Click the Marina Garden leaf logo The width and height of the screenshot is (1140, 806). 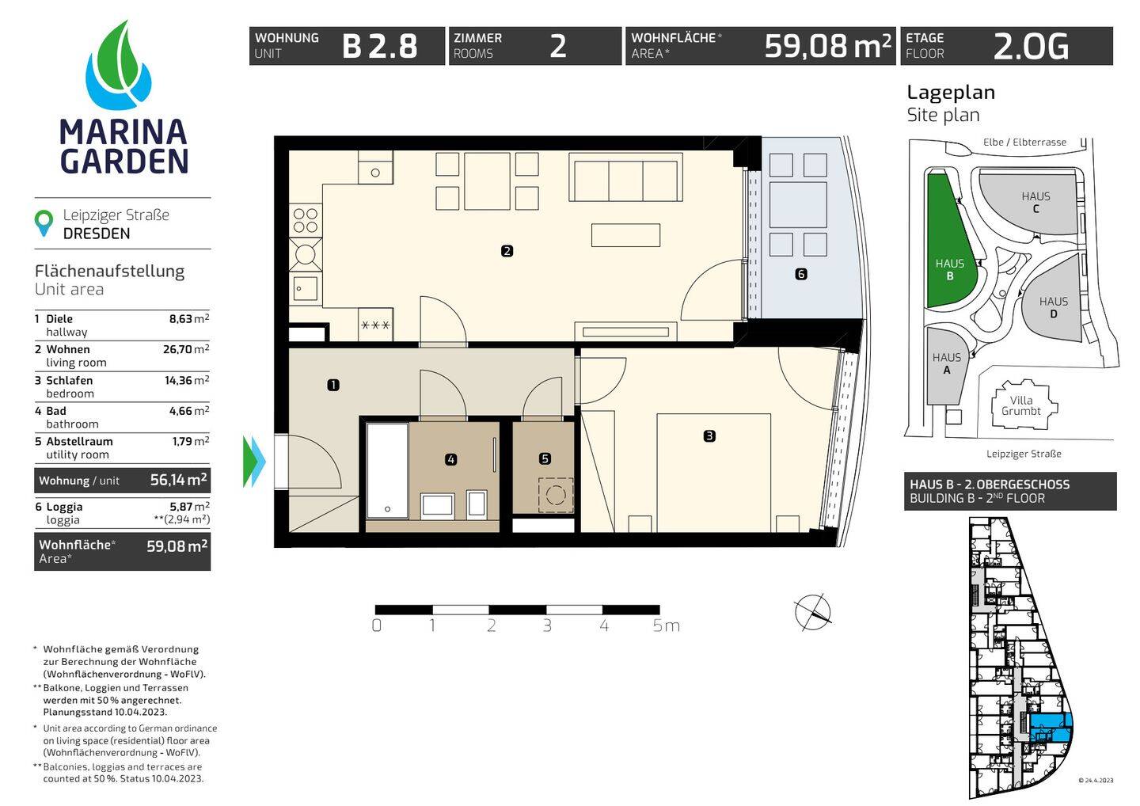(x=118, y=65)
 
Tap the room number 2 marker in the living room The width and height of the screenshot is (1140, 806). (x=507, y=251)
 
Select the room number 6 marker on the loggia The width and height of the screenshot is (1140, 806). (x=801, y=274)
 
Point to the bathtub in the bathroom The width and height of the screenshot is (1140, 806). (x=387, y=470)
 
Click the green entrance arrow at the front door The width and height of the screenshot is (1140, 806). (x=254, y=462)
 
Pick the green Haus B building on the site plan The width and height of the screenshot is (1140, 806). (x=949, y=241)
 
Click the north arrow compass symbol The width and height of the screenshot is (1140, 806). (x=813, y=611)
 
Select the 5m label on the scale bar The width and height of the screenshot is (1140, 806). (x=667, y=625)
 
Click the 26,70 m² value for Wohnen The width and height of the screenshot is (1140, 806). (x=186, y=349)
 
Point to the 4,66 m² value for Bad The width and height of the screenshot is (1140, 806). (x=188, y=410)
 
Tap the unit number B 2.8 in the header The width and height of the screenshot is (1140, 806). (x=380, y=46)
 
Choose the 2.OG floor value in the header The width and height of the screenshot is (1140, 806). (x=1031, y=46)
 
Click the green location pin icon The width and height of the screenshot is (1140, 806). (x=44, y=223)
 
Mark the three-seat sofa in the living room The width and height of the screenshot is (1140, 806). (x=625, y=177)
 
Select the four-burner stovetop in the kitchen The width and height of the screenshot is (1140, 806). (x=306, y=220)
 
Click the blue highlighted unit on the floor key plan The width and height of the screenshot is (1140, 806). (x=1051, y=727)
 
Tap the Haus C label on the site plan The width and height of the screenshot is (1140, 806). (x=1035, y=202)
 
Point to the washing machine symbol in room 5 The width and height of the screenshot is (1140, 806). (x=556, y=495)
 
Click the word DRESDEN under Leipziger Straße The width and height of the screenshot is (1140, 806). (x=97, y=234)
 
